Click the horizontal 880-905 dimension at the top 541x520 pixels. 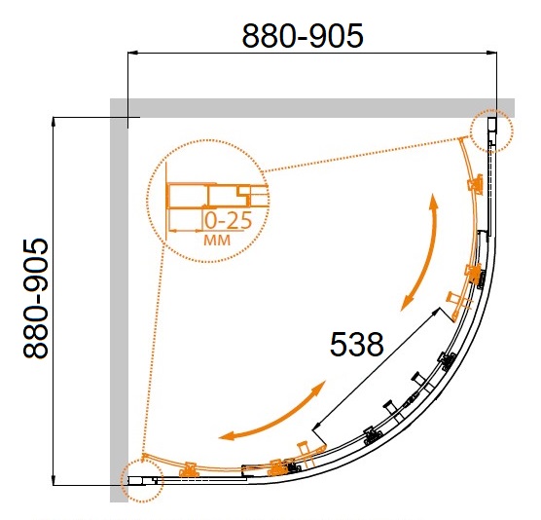point(303,36)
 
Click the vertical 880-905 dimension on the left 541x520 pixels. point(36,298)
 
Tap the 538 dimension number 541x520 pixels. point(356,345)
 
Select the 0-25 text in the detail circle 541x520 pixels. point(229,221)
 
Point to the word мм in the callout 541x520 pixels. point(217,240)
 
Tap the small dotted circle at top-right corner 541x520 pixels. point(491,130)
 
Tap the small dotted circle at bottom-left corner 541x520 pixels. point(142,481)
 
